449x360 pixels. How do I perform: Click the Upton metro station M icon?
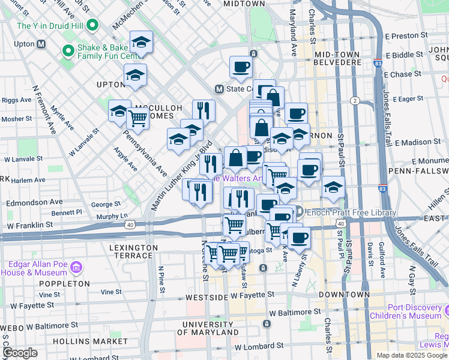pos(41,44)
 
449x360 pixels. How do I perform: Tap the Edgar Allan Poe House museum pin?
pos(76,266)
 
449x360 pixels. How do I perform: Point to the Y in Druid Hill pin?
pos(92,26)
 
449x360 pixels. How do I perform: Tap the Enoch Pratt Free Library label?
pos(351,212)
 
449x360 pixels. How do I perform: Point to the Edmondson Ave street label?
pos(34,202)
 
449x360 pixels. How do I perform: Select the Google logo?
pos(20,353)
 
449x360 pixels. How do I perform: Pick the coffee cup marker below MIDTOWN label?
pos(241,67)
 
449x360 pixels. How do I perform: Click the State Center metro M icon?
pos(219,89)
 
